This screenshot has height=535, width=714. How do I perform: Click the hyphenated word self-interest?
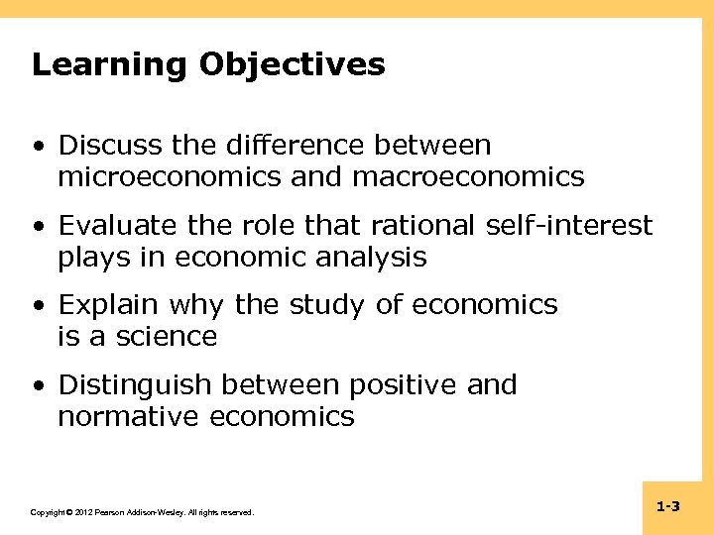click(x=570, y=226)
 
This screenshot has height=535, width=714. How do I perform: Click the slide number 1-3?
click(x=667, y=507)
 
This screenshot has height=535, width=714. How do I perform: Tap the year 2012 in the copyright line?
click(x=84, y=513)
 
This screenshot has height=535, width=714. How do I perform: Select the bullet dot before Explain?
click(x=38, y=306)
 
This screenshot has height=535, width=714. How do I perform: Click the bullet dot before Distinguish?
click(x=38, y=385)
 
